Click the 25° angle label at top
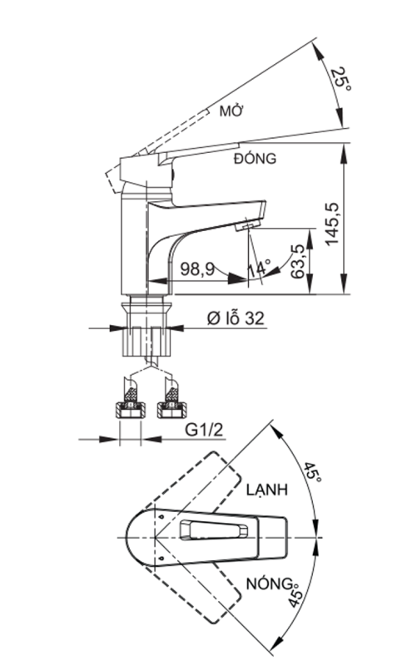click(x=339, y=81)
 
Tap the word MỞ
click(x=230, y=111)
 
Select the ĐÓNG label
click(x=256, y=158)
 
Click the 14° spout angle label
click(x=259, y=269)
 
